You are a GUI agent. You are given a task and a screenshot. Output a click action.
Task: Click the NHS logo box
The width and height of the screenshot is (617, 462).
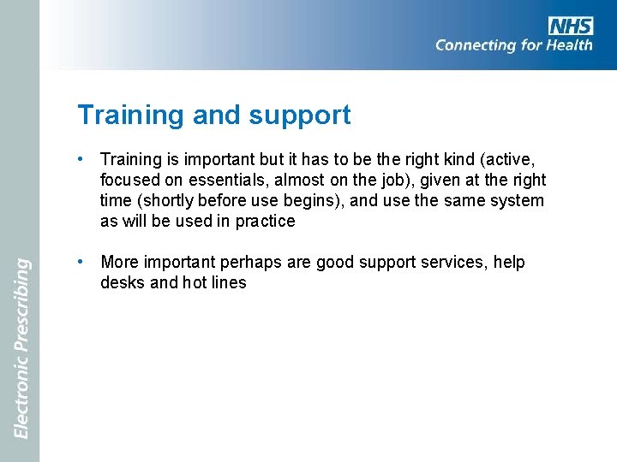pyautogui.click(x=571, y=26)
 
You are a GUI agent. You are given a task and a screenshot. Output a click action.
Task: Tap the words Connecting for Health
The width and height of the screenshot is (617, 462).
pyautogui.click(x=513, y=45)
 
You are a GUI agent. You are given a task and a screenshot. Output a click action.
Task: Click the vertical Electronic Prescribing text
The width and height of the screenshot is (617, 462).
pyautogui.click(x=22, y=348)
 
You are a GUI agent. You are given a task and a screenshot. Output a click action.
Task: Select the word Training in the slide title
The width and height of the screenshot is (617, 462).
pyautogui.click(x=130, y=115)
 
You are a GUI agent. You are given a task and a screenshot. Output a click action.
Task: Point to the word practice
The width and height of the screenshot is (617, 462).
pyautogui.click(x=264, y=221)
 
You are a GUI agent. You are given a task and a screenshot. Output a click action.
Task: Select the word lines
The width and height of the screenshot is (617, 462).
pyautogui.click(x=227, y=282)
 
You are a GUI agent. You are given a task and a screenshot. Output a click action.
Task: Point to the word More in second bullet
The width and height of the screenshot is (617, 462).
pyautogui.click(x=120, y=262)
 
